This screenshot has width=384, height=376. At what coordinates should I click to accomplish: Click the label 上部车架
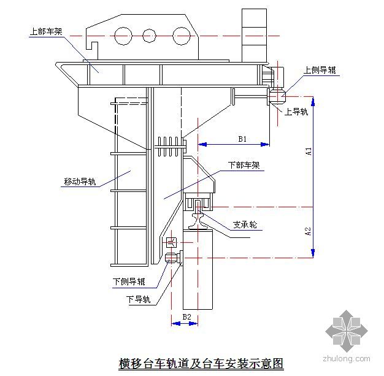point(45,30)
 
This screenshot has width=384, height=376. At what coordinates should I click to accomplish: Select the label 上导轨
point(297,112)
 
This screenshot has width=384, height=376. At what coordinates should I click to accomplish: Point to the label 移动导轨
point(80,182)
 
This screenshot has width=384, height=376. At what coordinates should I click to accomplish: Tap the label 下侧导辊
point(129,282)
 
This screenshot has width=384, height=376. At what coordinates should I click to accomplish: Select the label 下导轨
point(138,299)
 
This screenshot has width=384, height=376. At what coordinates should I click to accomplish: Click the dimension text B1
point(242,139)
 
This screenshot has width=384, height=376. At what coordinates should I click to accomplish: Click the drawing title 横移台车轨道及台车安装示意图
point(201,363)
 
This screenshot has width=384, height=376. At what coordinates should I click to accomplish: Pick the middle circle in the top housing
point(150,34)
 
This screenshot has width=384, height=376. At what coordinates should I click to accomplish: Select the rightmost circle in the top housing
point(180,34)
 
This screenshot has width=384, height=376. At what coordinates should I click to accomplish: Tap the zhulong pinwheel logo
point(347,329)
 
